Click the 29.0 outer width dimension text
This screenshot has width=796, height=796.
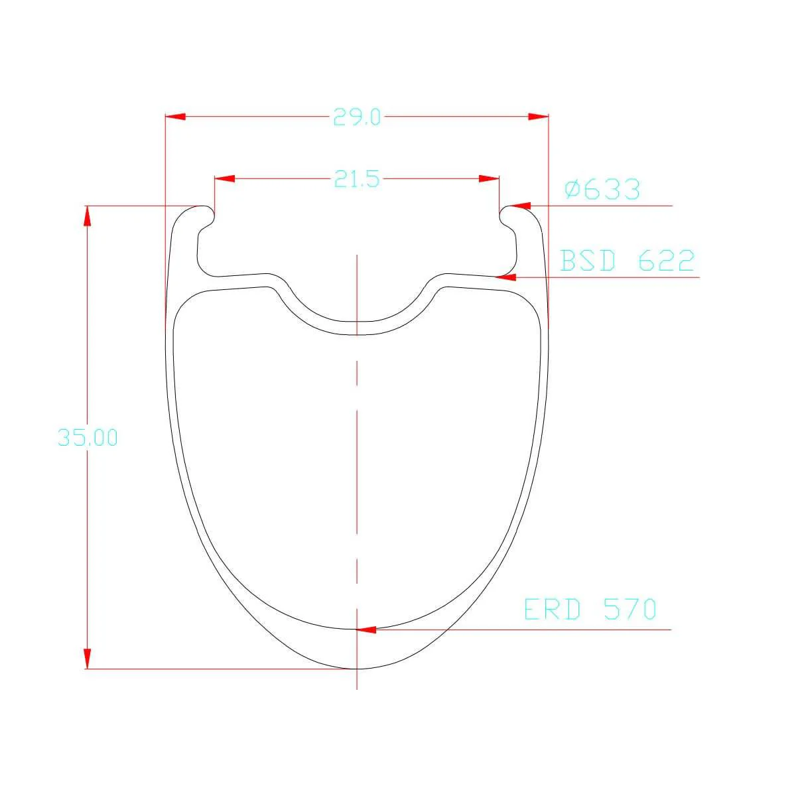[x=356, y=118]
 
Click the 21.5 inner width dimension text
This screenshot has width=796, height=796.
[x=356, y=179]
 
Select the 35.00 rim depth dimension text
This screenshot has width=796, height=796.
[x=88, y=438]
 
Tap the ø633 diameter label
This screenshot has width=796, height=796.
[x=602, y=190]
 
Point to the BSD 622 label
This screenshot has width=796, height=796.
[x=627, y=261]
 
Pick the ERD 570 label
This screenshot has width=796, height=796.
[x=590, y=609]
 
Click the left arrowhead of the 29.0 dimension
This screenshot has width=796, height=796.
[x=174, y=117]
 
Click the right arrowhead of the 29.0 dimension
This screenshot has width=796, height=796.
[x=539, y=117]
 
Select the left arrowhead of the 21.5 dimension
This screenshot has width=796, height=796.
[x=224, y=178]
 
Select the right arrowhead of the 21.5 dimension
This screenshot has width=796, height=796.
[x=490, y=178]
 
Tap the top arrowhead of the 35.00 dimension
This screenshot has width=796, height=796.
[x=86, y=215]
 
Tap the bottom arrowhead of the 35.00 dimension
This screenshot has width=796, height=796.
[x=86, y=659]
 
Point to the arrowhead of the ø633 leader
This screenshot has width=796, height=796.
[x=519, y=206]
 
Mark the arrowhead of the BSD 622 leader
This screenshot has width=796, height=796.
[x=505, y=277]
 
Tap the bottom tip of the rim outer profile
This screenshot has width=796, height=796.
[x=357, y=669]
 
